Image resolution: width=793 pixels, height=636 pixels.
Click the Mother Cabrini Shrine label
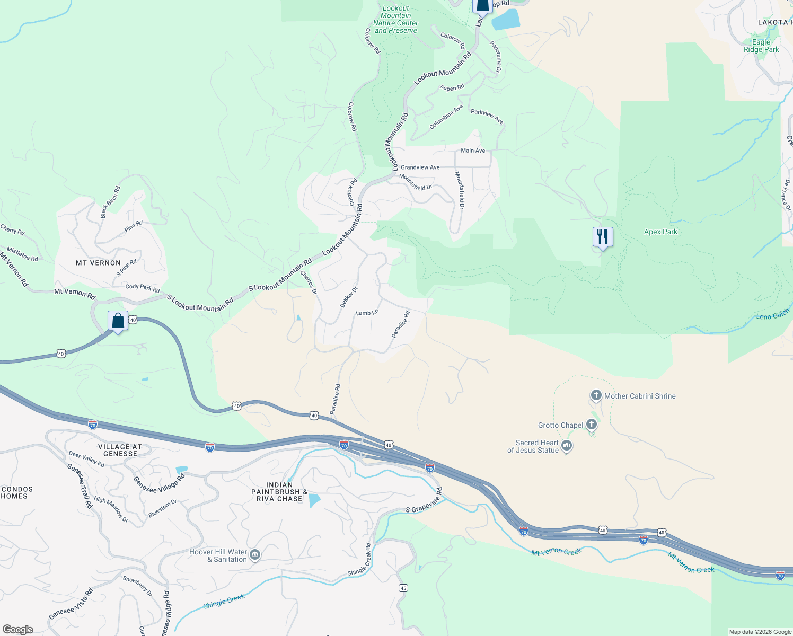pos(639,396)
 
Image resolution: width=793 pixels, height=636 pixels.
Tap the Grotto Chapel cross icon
pos(592,425)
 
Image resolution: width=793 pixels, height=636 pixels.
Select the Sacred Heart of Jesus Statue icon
pos(567,446)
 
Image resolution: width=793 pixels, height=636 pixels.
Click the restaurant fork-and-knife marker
pos(603,236)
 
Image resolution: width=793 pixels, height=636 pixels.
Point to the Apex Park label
pos(660,232)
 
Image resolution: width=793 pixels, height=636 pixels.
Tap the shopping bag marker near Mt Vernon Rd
pos(118,321)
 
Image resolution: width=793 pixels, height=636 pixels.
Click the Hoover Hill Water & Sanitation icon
pos(254,555)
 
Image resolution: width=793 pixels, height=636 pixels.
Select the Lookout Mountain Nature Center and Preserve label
pos(395,20)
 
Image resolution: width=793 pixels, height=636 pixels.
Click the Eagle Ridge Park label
pos(761,46)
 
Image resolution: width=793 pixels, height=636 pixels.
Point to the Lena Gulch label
pos(772,316)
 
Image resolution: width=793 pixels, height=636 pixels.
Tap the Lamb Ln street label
pos(367,313)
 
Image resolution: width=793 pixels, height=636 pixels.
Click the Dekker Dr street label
pos(349,297)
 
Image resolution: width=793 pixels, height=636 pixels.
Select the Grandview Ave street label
pos(420,167)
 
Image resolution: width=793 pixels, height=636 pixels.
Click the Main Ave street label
pos(473,151)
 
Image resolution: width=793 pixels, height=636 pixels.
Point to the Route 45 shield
pos(403,588)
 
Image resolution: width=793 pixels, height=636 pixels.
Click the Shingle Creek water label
pos(224,601)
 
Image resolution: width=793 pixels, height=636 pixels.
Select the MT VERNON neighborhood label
pos(98,263)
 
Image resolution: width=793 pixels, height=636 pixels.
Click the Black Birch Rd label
pos(110,202)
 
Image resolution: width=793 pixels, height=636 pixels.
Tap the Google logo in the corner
pos(18,630)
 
